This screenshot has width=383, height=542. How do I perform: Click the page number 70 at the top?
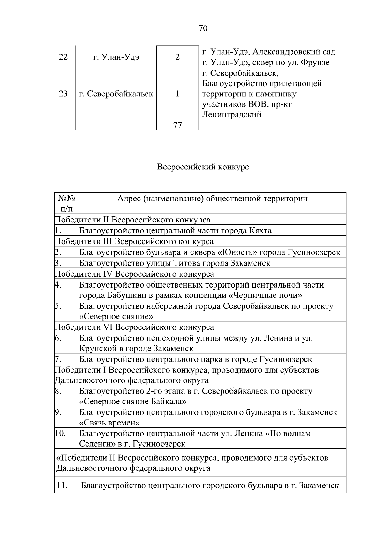(x=203, y=28)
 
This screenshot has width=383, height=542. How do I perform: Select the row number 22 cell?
(x=63, y=57)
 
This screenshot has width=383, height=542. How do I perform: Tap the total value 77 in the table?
(x=177, y=125)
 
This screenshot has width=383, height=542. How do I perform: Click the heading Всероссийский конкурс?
(x=203, y=167)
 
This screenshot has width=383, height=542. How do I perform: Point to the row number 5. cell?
(x=58, y=306)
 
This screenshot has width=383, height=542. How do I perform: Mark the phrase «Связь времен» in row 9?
(x=109, y=423)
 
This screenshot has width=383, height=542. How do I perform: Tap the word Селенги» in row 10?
(x=95, y=444)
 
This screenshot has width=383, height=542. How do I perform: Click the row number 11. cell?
(x=62, y=486)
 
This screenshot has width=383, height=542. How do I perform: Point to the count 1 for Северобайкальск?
(x=177, y=94)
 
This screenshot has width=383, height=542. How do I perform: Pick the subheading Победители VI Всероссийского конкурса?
(x=134, y=327)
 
